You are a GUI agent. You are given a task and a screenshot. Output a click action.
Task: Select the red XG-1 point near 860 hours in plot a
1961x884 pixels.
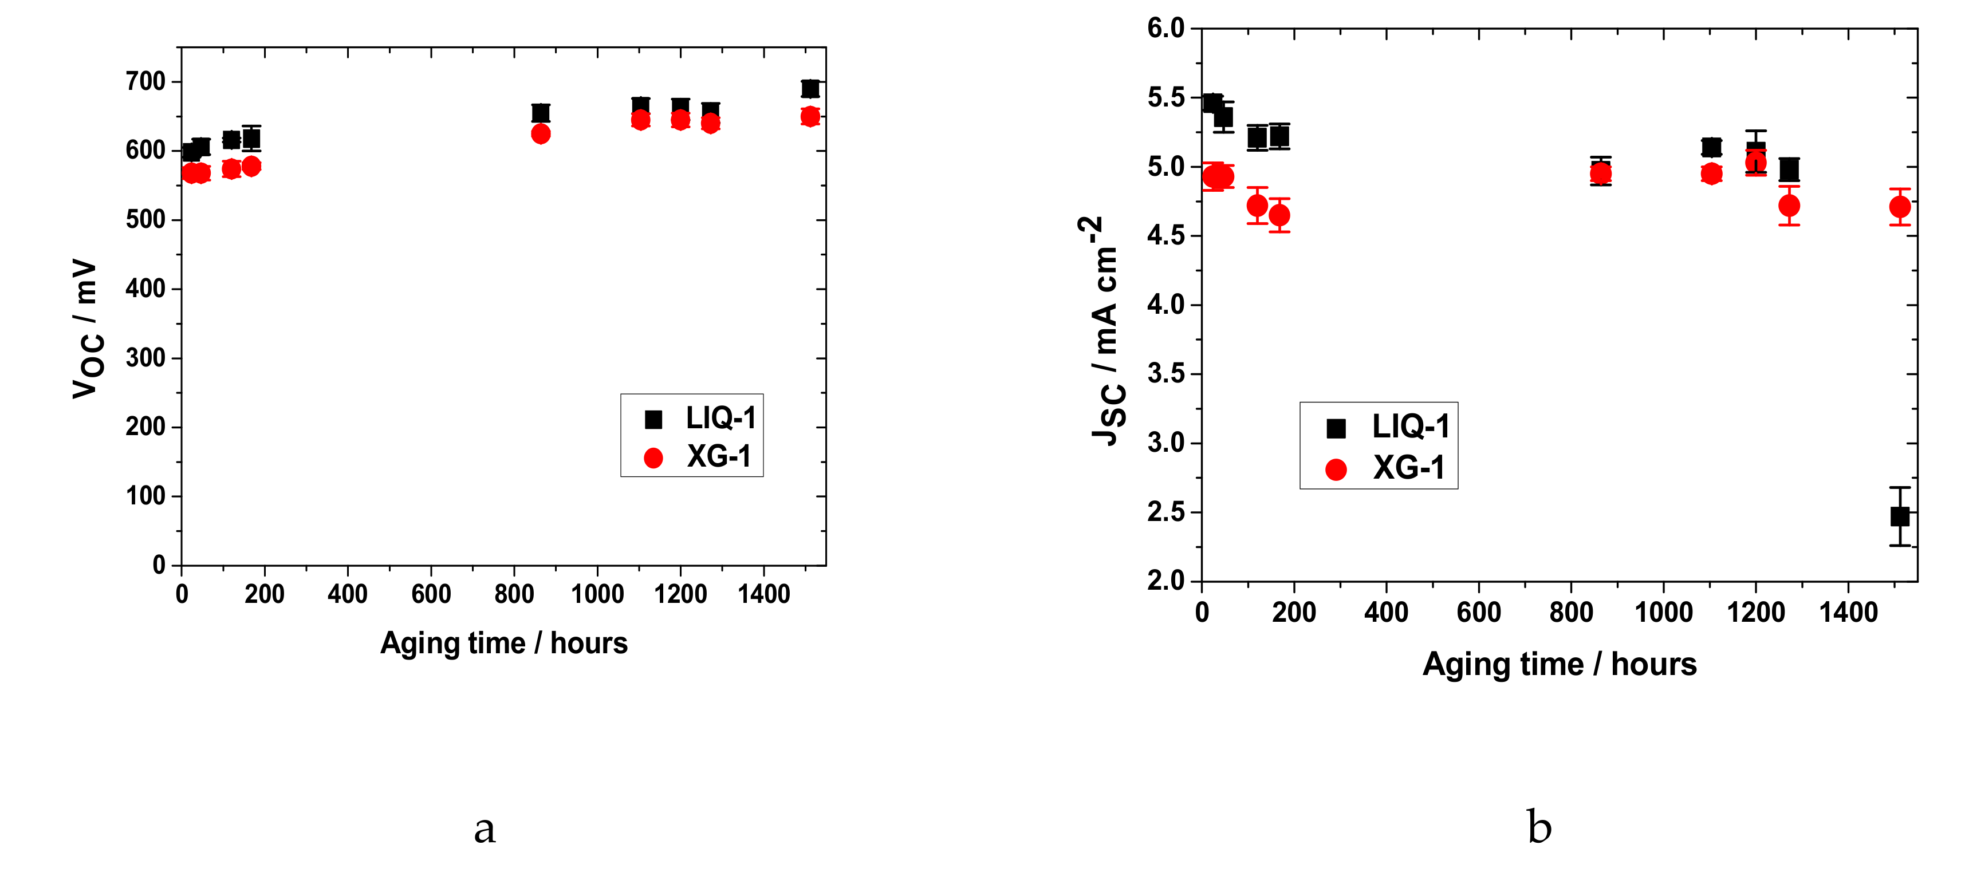coord(541,134)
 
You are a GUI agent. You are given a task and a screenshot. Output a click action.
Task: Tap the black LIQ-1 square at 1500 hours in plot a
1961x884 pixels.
coord(810,88)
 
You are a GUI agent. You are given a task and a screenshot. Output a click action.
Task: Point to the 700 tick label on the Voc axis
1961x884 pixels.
coord(145,81)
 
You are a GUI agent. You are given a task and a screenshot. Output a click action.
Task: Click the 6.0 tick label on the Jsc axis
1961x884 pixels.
coord(1165,28)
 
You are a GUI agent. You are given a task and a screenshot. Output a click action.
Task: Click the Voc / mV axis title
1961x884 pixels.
coord(86,329)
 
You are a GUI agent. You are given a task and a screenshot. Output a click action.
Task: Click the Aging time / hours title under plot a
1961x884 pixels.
coord(504,644)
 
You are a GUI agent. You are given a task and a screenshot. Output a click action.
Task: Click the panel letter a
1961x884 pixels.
coord(485,828)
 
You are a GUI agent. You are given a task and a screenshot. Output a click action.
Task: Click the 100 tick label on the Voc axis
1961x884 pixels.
coord(145,496)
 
